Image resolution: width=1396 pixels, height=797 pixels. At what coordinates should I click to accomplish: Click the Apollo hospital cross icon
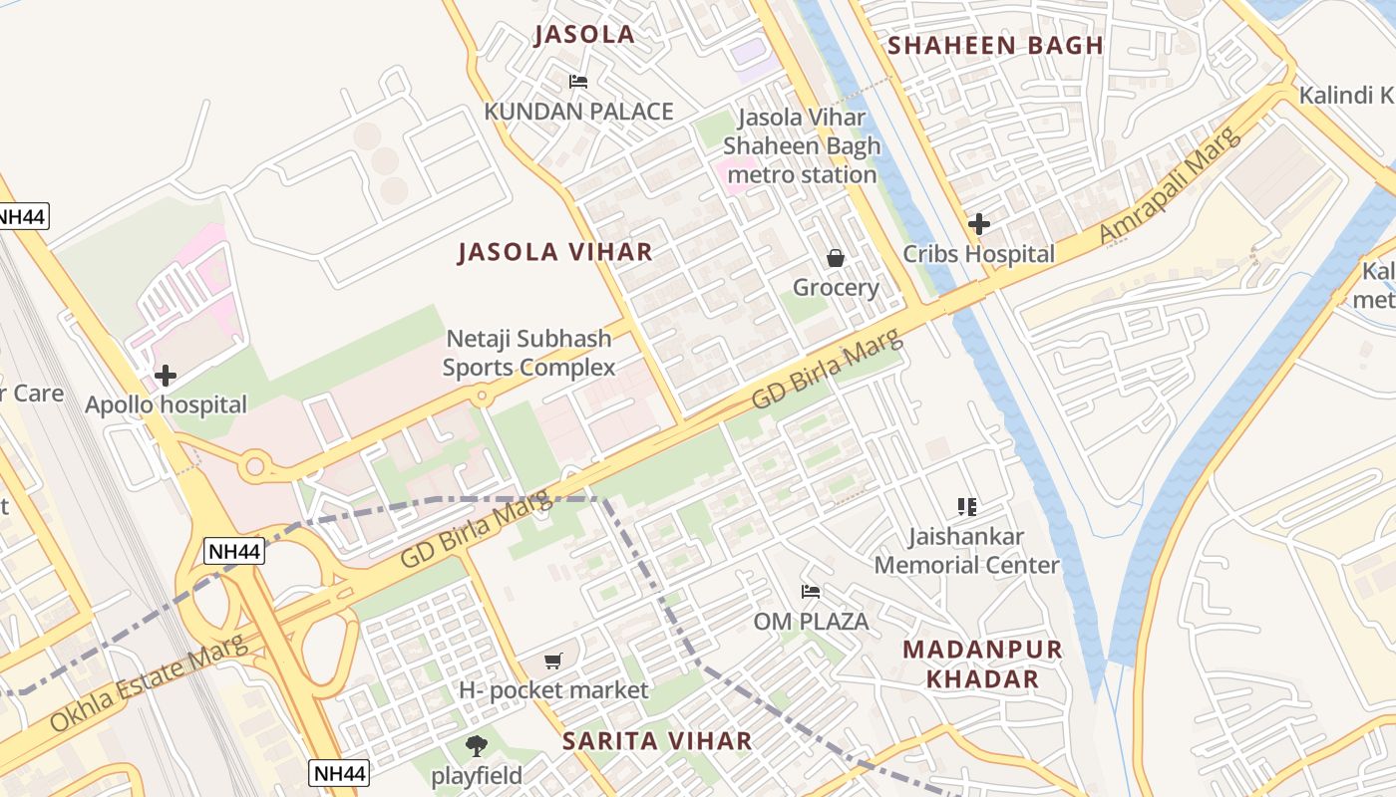point(166,376)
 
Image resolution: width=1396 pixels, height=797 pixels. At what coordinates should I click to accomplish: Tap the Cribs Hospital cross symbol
point(979,224)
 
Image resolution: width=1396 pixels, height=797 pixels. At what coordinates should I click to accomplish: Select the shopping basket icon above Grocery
point(836,259)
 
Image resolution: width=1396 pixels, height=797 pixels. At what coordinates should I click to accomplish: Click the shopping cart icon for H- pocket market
point(553,661)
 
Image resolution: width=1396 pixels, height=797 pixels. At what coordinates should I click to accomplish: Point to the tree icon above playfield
point(477,745)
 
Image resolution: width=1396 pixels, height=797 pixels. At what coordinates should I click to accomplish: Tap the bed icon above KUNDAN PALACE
point(578,82)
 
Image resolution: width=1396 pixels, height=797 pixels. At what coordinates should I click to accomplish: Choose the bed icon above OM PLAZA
point(811,592)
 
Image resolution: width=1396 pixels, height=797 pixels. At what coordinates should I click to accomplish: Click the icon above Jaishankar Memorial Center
point(966,507)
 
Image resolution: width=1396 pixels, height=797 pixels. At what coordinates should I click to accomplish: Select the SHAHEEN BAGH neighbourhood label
point(995,45)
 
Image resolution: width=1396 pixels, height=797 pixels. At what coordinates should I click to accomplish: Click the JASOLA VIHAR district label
point(555,252)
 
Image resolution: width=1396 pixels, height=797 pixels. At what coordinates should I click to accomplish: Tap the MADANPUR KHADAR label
point(982,664)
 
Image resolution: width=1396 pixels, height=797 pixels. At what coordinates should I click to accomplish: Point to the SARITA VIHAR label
point(657,741)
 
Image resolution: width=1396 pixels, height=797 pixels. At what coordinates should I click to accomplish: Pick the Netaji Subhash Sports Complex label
point(528,354)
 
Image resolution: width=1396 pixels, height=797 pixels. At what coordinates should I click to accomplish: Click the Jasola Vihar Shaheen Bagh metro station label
point(802,146)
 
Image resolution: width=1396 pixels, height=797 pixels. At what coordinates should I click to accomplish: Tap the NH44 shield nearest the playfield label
point(339,772)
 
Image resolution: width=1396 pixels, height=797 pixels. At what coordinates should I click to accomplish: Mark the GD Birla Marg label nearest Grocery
point(827,369)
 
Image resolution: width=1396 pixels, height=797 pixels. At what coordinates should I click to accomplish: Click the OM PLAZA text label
point(811,622)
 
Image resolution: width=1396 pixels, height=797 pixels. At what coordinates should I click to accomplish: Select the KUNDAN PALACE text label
point(578,112)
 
